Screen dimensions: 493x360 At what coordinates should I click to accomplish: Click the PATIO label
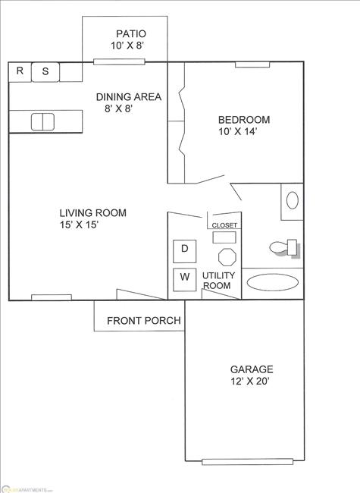(130, 33)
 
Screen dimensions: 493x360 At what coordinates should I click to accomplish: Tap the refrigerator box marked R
(20, 72)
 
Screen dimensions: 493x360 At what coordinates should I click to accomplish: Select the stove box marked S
(45, 72)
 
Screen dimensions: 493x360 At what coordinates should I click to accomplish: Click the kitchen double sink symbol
(42, 121)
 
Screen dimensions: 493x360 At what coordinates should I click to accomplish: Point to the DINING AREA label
(127, 96)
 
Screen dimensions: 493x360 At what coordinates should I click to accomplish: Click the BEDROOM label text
(243, 120)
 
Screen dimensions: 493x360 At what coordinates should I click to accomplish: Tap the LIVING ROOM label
(93, 212)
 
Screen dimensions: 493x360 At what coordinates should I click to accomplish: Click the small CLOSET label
(224, 225)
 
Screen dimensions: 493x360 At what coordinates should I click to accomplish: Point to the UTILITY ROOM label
(218, 280)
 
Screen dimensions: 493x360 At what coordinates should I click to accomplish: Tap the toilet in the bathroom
(283, 247)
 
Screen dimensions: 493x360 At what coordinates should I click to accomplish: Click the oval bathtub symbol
(273, 283)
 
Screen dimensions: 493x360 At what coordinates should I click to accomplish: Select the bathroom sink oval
(292, 200)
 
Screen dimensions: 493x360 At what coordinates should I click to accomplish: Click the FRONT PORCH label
(143, 321)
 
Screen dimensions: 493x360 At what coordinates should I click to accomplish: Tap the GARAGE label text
(252, 369)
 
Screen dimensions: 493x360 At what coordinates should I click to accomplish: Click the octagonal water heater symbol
(225, 253)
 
